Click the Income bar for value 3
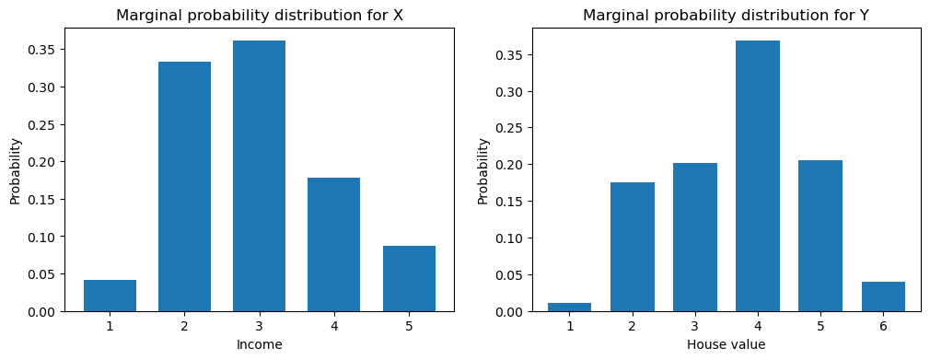coord(259,176)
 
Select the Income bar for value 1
coord(110,296)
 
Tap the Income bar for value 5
coord(408,279)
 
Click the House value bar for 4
coord(758,176)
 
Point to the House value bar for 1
coord(569,307)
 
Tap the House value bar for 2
coord(632,247)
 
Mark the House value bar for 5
coord(820,236)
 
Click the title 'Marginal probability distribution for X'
coord(259,15)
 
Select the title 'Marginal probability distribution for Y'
coord(727,15)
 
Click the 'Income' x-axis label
coord(259,345)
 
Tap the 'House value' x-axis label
coord(727,345)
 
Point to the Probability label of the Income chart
coord(15,171)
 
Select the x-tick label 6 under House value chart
coord(883,326)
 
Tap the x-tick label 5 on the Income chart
coord(408,326)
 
